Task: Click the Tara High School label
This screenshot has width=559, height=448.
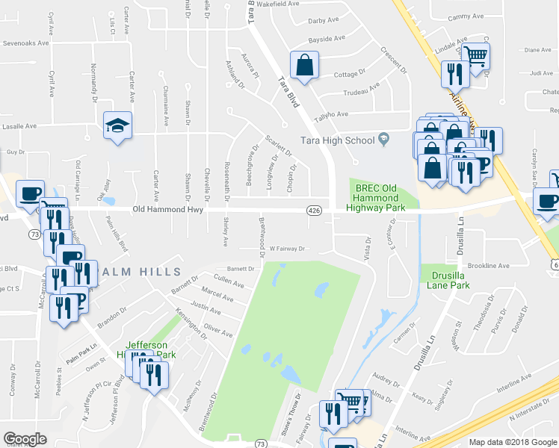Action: click(337, 140)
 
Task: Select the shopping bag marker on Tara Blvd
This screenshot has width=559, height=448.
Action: click(305, 66)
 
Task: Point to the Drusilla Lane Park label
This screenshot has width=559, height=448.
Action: click(445, 280)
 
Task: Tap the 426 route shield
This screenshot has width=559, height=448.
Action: click(315, 211)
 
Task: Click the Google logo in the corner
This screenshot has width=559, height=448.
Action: click(25, 439)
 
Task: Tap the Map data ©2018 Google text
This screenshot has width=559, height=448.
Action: click(513, 442)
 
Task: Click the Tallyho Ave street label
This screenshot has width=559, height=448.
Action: click(332, 114)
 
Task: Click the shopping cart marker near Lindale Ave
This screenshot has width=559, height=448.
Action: click(475, 55)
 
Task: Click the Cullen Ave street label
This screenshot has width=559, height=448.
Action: click(229, 284)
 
